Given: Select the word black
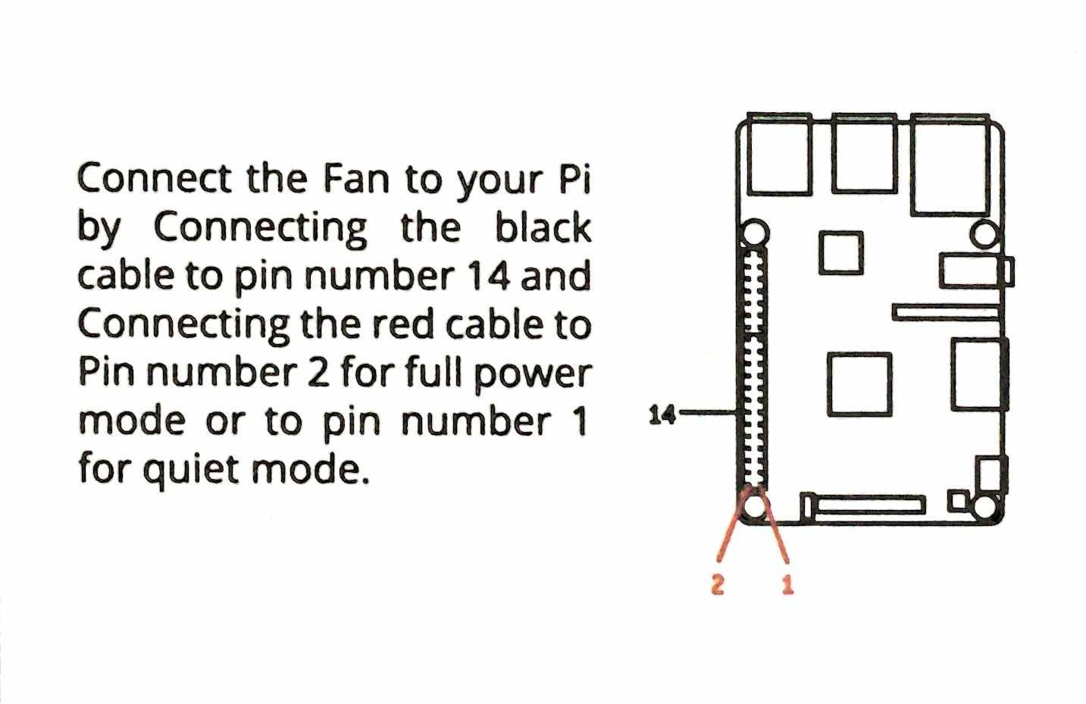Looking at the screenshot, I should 543,228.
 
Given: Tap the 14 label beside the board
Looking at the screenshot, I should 661,414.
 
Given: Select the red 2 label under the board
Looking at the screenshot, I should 718,584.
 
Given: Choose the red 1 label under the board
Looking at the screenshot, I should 787,584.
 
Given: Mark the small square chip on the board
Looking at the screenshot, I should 840,252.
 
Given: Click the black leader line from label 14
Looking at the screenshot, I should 709,413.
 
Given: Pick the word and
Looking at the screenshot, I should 556,277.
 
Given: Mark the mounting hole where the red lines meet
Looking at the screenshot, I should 753,503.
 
